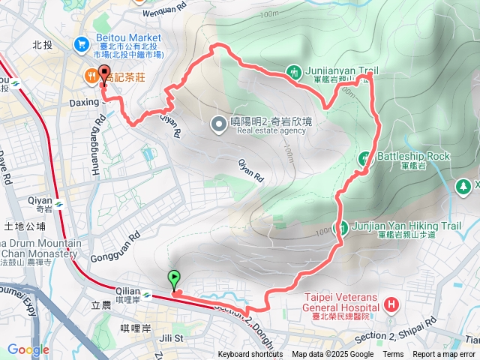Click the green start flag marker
pos(174,280)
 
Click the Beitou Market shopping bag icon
pos(80,46)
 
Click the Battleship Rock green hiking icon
pos(365,157)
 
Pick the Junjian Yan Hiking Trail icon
pos(340,226)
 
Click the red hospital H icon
pos(391,304)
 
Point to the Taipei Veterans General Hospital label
pos(340,307)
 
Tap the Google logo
pos(28,349)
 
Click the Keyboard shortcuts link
pos(250,355)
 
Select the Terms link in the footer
pos(393,355)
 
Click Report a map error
pos(444,355)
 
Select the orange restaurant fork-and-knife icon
pos(91,75)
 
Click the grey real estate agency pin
pos(219,124)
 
